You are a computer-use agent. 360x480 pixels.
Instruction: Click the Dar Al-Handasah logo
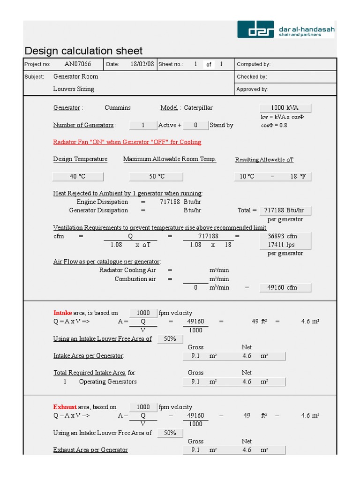(285, 29)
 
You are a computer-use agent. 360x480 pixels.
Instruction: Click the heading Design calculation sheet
(83, 51)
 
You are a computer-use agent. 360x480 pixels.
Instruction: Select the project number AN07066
(78, 64)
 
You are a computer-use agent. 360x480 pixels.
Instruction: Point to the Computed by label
(254, 64)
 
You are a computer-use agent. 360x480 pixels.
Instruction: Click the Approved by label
(252, 89)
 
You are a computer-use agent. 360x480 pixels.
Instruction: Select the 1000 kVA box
(285, 108)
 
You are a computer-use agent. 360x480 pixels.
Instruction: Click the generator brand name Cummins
(118, 108)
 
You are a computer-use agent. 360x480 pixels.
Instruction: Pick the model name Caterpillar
(198, 108)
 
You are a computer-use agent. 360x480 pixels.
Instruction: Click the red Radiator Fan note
(127, 142)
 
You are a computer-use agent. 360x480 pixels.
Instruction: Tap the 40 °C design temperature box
(77, 176)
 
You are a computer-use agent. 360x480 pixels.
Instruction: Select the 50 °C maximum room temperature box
(156, 176)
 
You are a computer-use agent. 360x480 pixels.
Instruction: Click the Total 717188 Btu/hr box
(285, 210)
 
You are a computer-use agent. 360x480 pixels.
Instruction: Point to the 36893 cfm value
(285, 236)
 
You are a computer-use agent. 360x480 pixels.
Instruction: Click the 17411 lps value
(285, 245)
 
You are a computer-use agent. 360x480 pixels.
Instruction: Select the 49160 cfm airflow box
(285, 287)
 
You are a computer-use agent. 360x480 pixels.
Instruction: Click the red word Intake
(63, 313)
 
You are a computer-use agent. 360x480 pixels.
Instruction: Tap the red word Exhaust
(65, 407)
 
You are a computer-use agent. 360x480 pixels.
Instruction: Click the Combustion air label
(135, 279)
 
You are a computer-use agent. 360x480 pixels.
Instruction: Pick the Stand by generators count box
(195, 125)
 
